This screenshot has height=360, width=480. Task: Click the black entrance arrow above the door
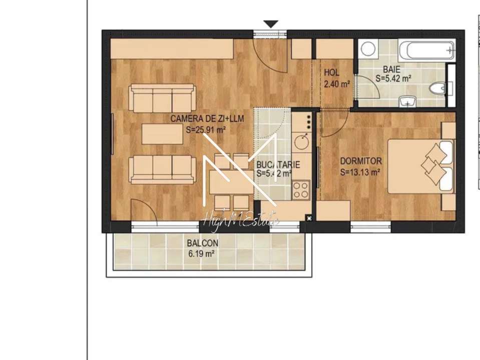coord(271,24)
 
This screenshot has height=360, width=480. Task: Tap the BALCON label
coord(202,243)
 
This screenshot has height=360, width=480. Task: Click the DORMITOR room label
coord(361,161)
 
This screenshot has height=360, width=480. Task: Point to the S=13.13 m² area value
coord(360,172)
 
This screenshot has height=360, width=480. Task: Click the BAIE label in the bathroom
coord(392,69)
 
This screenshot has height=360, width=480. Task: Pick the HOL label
coord(331,73)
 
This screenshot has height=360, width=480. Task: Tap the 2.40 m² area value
coord(336,84)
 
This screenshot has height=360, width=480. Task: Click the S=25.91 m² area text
coord(205,129)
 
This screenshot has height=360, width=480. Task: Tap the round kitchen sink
coord(302,141)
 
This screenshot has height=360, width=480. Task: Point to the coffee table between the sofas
coord(161,134)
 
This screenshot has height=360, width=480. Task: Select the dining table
coord(232,182)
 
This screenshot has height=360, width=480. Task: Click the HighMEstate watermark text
coord(240,219)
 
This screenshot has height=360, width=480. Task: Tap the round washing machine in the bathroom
coord(368,48)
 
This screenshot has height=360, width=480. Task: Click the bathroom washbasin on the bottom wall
coord(408,102)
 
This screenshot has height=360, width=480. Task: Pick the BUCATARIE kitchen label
coord(278,164)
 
